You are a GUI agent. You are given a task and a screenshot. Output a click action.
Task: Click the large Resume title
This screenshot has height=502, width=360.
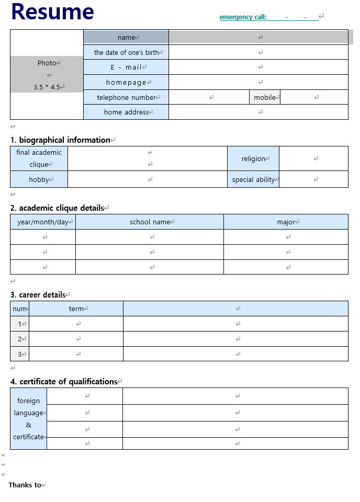pyautogui.click(x=52, y=12)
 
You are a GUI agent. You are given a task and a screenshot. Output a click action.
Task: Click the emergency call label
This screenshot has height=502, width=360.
pyautogui.click(x=243, y=17)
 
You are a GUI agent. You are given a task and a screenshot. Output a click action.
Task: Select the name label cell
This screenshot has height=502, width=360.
pyautogui.click(x=126, y=37)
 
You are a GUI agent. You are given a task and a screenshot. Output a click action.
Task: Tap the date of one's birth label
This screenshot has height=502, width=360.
pyautogui.click(x=126, y=52)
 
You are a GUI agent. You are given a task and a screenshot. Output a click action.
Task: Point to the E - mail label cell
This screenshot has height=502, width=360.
pyautogui.click(x=126, y=67)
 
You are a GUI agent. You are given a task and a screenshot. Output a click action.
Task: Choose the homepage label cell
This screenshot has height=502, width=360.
pyautogui.click(x=126, y=82)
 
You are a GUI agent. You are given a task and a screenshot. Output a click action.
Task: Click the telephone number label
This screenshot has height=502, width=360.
pyautogui.click(x=126, y=97)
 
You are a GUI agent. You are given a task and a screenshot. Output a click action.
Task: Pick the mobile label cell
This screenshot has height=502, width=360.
pyautogui.click(x=265, y=97)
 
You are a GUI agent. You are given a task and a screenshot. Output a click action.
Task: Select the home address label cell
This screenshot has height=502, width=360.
pyautogui.click(x=126, y=112)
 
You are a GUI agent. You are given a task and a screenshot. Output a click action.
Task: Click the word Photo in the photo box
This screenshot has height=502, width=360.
pyautogui.click(x=47, y=63)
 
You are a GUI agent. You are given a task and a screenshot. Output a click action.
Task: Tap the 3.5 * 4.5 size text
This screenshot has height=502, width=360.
pyautogui.click(x=47, y=87)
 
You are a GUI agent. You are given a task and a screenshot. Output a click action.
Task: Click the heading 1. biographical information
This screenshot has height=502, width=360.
pyautogui.click(x=60, y=140)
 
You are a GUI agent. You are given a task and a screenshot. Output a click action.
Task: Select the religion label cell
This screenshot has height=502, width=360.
pyautogui.click(x=253, y=158)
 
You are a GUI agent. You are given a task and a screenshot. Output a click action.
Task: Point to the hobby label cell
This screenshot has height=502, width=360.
pyautogui.click(x=39, y=179)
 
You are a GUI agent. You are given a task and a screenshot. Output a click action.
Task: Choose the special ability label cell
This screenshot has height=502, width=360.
pyautogui.click(x=253, y=179)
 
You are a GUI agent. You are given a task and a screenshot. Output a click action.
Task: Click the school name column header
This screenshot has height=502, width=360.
pyautogui.click(x=150, y=222)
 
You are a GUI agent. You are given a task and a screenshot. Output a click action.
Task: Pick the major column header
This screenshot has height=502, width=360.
pyautogui.click(x=286, y=222)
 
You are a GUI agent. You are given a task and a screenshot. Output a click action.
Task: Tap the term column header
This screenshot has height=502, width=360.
pyautogui.click(x=76, y=309)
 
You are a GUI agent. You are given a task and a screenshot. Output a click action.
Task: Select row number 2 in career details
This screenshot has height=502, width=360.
pyautogui.click(x=20, y=339)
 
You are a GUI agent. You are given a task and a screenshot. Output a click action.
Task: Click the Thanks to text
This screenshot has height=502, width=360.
pyautogui.click(x=25, y=485)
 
